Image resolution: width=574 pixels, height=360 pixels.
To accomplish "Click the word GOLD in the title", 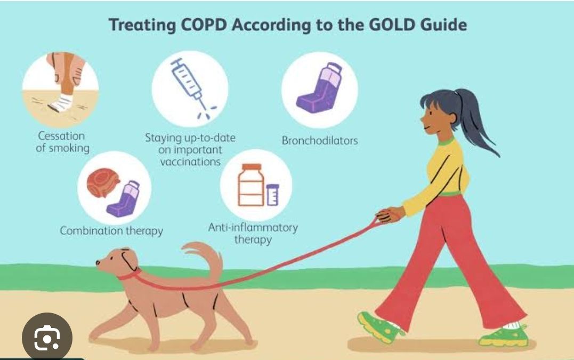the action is tap(392, 25).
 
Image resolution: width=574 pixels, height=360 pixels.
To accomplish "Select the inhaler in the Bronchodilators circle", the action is tap(319, 88).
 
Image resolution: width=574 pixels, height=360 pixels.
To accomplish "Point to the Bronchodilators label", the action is tap(320, 141).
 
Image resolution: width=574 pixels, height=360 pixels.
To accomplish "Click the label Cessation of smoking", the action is tap(62, 142).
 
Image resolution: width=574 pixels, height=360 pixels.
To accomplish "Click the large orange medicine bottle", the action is tap(251, 185).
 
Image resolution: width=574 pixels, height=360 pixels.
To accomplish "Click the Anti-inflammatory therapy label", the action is tap(253, 233).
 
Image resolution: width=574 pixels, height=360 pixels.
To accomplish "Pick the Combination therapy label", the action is tap(111, 231).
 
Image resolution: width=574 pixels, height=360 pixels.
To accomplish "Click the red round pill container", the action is tap(103, 182).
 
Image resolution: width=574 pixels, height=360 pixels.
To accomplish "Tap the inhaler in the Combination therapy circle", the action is tap(123, 199).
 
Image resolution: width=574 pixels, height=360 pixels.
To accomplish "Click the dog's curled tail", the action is tap(205, 257).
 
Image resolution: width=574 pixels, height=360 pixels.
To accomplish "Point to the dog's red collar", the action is tap(131, 274).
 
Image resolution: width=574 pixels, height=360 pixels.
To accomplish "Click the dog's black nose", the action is tap(98, 262).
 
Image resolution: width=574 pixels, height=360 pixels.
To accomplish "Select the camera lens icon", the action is tap(47, 338).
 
